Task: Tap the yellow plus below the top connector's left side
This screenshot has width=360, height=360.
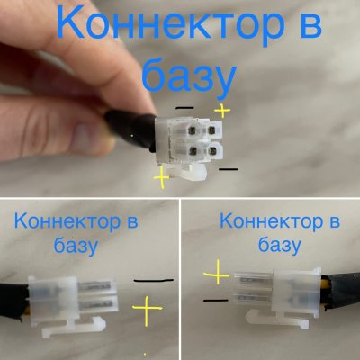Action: tap(161, 178)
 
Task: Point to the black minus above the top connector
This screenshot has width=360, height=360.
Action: tap(184, 107)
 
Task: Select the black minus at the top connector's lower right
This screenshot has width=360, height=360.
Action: tap(229, 168)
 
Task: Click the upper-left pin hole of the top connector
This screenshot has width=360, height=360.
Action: tap(191, 129)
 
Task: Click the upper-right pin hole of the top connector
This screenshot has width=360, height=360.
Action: tap(211, 129)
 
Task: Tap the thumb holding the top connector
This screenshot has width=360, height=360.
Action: tap(76, 135)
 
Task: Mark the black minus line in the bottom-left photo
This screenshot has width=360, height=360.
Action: tap(151, 281)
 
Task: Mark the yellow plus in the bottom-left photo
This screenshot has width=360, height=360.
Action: tap(146, 312)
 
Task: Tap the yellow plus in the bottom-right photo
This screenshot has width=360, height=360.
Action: tap(217, 271)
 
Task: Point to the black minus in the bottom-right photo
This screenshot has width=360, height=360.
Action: tap(215, 299)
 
